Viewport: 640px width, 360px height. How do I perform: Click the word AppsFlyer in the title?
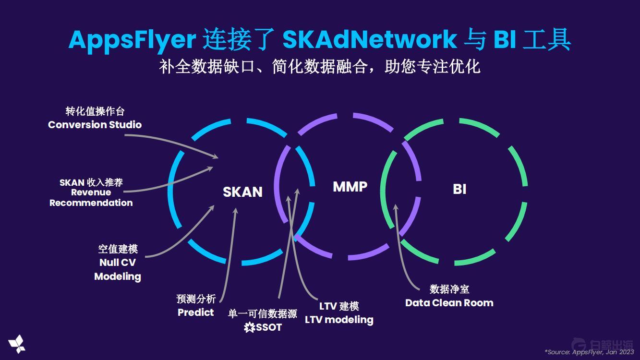(132, 39)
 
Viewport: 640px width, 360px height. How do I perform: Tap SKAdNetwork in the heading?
(369, 39)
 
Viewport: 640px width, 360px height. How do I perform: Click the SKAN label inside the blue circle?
(242, 192)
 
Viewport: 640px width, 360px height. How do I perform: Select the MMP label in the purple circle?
(350, 187)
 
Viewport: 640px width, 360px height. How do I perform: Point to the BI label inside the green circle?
(459, 189)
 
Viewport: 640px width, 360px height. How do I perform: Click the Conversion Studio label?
(95, 125)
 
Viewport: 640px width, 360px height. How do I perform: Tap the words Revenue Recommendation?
(91, 198)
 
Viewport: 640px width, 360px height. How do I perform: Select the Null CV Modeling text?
(118, 270)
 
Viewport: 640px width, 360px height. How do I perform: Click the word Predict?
(195, 312)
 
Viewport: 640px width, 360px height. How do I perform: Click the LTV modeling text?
(339, 320)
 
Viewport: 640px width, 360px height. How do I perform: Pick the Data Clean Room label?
(449, 303)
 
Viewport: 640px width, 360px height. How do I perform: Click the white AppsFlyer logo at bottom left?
(17, 343)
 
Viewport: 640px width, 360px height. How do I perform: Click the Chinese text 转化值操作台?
(95, 111)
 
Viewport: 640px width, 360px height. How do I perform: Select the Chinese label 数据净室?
(449, 289)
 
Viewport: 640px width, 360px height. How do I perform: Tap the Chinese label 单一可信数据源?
(262, 314)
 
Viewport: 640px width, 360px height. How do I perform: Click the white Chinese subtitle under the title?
(320, 66)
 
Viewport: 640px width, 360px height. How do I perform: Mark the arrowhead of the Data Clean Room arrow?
(395, 207)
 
